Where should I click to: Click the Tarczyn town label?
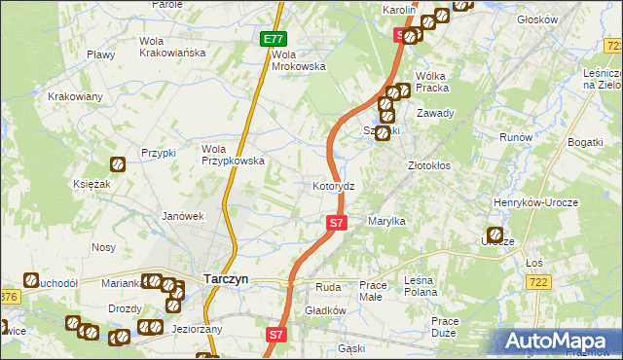coord(226,278)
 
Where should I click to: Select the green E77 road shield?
coord(275,39)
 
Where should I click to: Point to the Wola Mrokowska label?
coord(298,60)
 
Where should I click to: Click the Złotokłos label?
coord(428,165)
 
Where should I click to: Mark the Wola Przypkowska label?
coord(233,155)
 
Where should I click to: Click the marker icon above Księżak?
coord(118,166)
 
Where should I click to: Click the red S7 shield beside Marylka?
coord(336,223)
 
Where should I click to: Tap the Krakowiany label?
coord(75,96)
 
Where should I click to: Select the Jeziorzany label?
coord(199,329)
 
